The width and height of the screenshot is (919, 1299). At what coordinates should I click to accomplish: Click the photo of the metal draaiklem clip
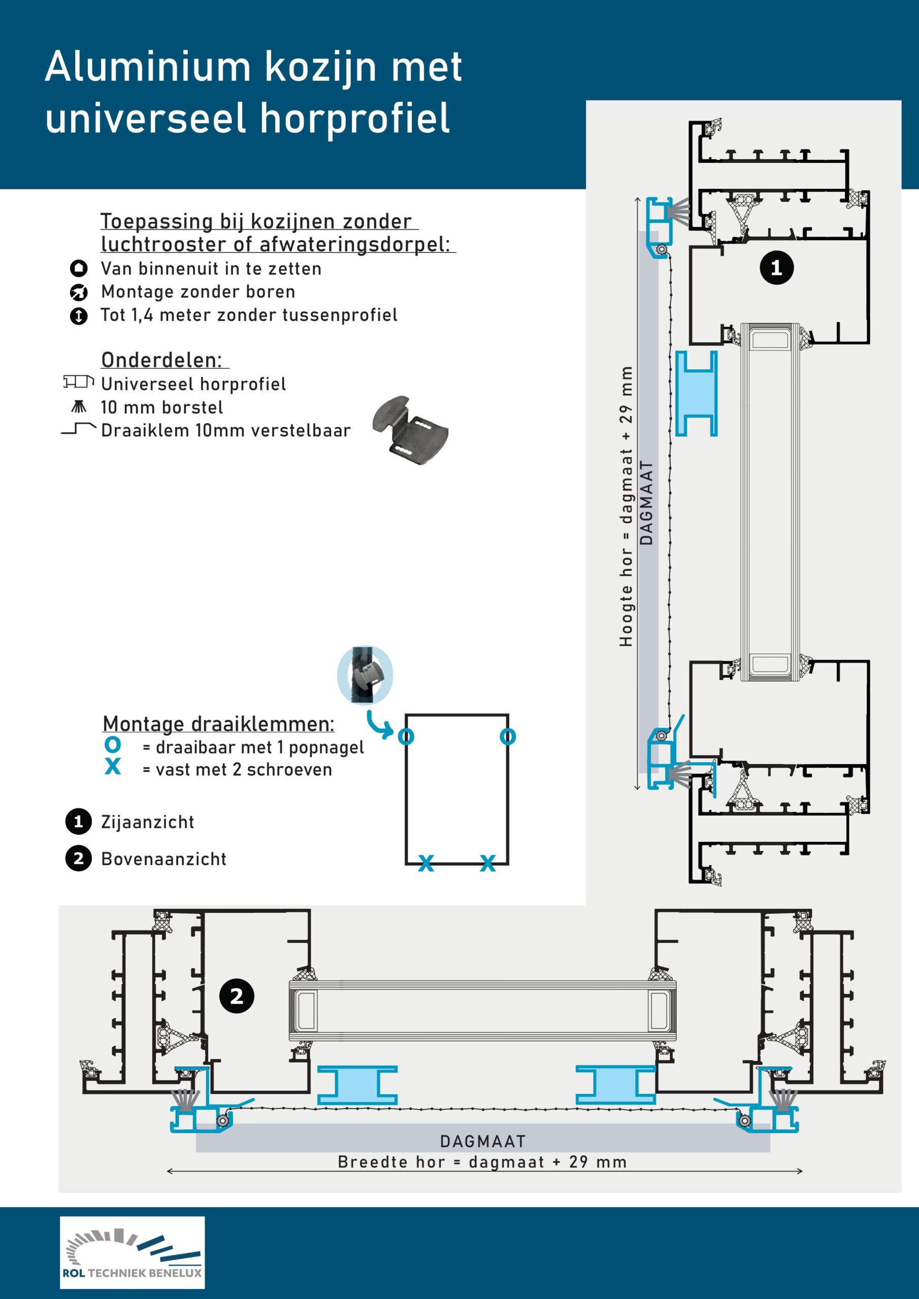click(x=410, y=430)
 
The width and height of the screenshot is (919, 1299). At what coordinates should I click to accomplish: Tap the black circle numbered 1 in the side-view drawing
click(x=776, y=267)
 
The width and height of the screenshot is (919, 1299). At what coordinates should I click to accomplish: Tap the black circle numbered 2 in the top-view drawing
click(x=236, y=996)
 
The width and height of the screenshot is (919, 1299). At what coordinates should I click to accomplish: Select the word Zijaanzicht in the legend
click(x=147, y=822)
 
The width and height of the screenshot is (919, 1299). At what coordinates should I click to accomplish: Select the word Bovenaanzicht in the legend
click(x=163, y=859)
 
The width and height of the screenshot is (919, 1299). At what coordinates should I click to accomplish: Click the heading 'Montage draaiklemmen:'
click(x=218, y=724)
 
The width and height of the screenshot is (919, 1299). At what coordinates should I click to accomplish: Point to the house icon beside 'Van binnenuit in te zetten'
click(x=79, y=268)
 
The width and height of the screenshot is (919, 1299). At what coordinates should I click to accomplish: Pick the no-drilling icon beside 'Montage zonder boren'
click(x=79, y=292)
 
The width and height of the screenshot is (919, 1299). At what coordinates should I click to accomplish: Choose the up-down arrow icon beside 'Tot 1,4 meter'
click(x=79, y=316)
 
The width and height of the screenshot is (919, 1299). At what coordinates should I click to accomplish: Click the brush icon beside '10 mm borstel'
click(x=79, y=406)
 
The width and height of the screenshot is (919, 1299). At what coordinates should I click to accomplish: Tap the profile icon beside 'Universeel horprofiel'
click(x=78, y=383)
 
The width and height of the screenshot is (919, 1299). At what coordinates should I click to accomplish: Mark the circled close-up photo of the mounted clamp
click(x=365, y=675)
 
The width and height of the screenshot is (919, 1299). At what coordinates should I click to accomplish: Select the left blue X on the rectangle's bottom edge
click(x=426, y=863)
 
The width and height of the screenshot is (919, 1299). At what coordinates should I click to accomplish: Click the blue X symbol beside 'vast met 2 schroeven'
click(x=113, y=767)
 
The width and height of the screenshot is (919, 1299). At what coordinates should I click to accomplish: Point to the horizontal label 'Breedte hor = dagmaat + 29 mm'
click(x=482, y=1162)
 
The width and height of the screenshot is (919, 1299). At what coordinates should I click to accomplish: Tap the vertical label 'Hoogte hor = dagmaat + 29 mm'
click(x=626, y=506)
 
